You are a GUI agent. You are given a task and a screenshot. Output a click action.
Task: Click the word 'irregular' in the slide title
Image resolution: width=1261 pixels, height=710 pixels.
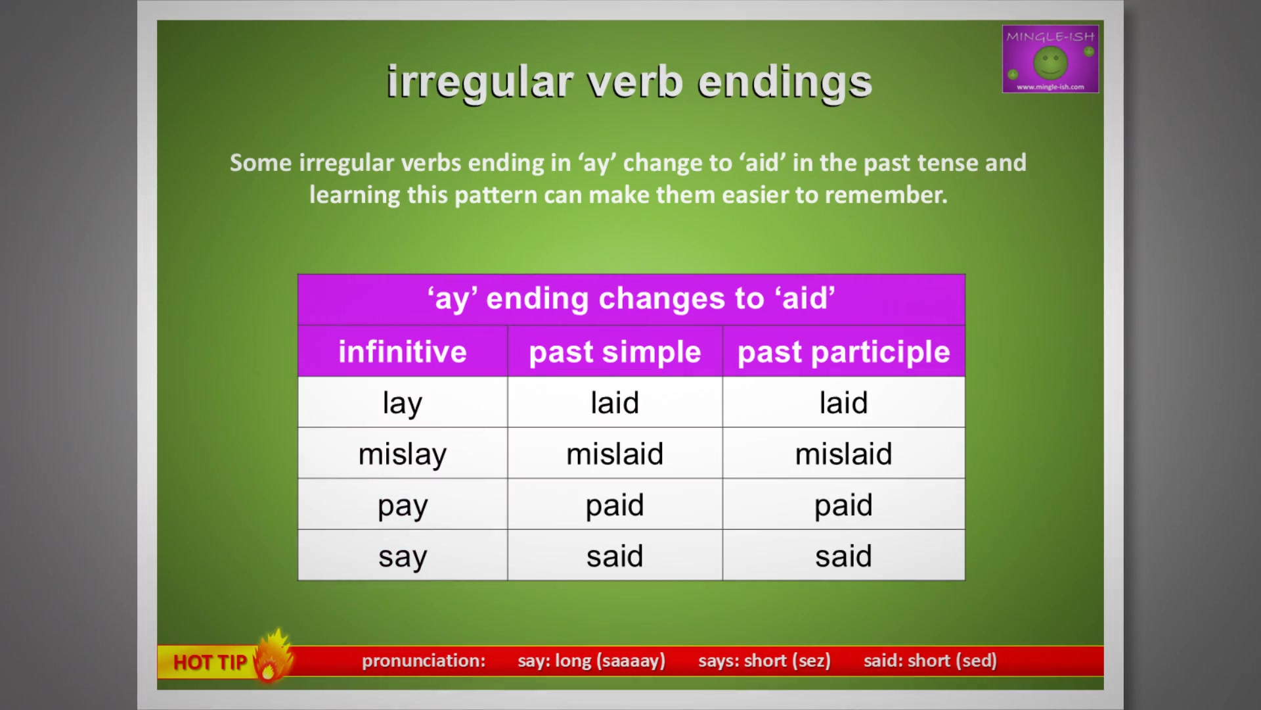480,83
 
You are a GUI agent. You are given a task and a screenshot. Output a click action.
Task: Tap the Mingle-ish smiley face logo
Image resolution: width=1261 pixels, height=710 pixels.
1050,63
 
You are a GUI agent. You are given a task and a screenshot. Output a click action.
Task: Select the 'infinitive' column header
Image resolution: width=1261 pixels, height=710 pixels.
403,352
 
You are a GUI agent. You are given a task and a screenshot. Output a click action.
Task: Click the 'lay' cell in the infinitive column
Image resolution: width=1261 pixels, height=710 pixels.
403,403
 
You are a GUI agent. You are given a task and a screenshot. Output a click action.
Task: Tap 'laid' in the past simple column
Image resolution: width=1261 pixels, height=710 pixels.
615,402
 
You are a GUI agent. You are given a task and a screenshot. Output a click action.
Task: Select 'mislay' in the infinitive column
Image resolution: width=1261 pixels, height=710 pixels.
403,454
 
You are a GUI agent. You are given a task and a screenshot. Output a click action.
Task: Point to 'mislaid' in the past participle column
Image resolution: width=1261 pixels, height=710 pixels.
843,454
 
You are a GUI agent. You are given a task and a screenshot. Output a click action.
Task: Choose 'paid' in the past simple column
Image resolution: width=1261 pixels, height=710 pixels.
615,505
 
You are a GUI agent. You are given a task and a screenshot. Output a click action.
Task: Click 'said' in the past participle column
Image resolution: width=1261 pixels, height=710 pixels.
843,556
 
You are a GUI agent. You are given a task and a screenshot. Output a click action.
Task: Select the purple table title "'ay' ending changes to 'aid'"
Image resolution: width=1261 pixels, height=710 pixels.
631,298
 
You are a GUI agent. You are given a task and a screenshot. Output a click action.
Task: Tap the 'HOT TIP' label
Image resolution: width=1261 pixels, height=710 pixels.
210,662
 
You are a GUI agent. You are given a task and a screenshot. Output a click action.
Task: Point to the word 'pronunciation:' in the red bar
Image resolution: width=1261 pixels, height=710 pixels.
424,661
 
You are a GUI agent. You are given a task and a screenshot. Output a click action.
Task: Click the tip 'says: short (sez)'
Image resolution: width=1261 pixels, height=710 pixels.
764,661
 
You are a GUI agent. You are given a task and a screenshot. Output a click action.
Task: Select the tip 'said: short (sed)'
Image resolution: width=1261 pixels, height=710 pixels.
930,661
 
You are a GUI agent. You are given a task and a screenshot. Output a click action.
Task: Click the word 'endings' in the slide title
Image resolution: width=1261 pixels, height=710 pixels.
785,83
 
